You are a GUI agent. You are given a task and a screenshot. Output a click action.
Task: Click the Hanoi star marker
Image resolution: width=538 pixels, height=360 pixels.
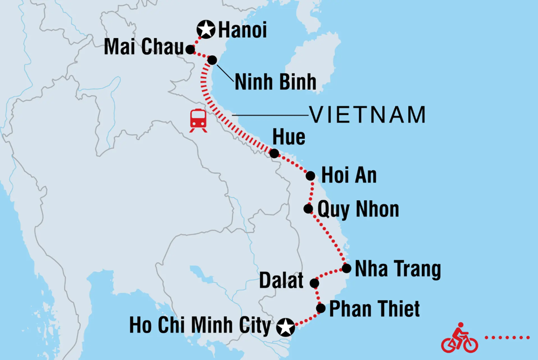click(205, 30)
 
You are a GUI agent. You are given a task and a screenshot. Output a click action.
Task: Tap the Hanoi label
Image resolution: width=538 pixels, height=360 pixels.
click(242, 30)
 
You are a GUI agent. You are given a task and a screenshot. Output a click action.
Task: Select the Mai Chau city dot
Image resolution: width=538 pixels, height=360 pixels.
click(190, 50)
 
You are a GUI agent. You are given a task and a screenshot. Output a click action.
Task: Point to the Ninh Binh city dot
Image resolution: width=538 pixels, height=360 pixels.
click(212, 60)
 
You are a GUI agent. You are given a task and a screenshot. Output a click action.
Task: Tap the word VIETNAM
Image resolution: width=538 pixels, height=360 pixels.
click(367, 115)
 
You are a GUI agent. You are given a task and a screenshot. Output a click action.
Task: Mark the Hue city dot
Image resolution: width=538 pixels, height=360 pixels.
click(274, 153)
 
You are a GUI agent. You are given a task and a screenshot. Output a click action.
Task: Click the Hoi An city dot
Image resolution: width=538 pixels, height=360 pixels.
click(311, 176)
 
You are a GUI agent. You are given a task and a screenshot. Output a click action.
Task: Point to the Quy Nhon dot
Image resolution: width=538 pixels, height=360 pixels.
click(308, 209)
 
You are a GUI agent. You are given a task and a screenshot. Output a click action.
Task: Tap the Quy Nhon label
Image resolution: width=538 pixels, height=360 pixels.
click(358, 210)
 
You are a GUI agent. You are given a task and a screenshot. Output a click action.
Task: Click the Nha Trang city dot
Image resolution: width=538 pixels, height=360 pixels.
click(346, 269)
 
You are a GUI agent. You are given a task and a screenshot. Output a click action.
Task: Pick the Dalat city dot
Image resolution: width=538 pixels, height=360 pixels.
click(314, 283)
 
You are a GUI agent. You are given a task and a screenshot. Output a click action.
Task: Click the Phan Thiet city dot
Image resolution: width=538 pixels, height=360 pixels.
click(321, 308)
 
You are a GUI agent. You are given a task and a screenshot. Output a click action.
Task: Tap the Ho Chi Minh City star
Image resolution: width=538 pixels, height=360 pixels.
click(285, 327)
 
